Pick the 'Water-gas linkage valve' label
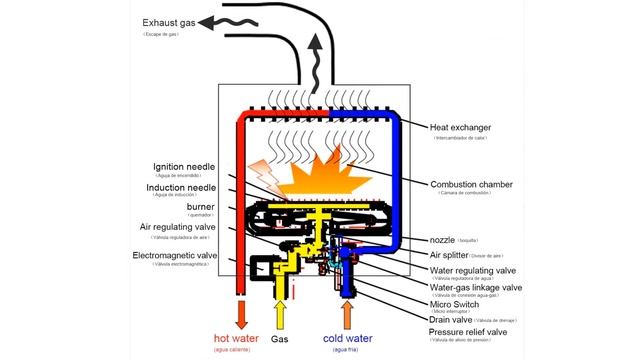coord(476,287)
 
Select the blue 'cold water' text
coord(348,338)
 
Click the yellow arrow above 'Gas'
coord(280,312)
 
